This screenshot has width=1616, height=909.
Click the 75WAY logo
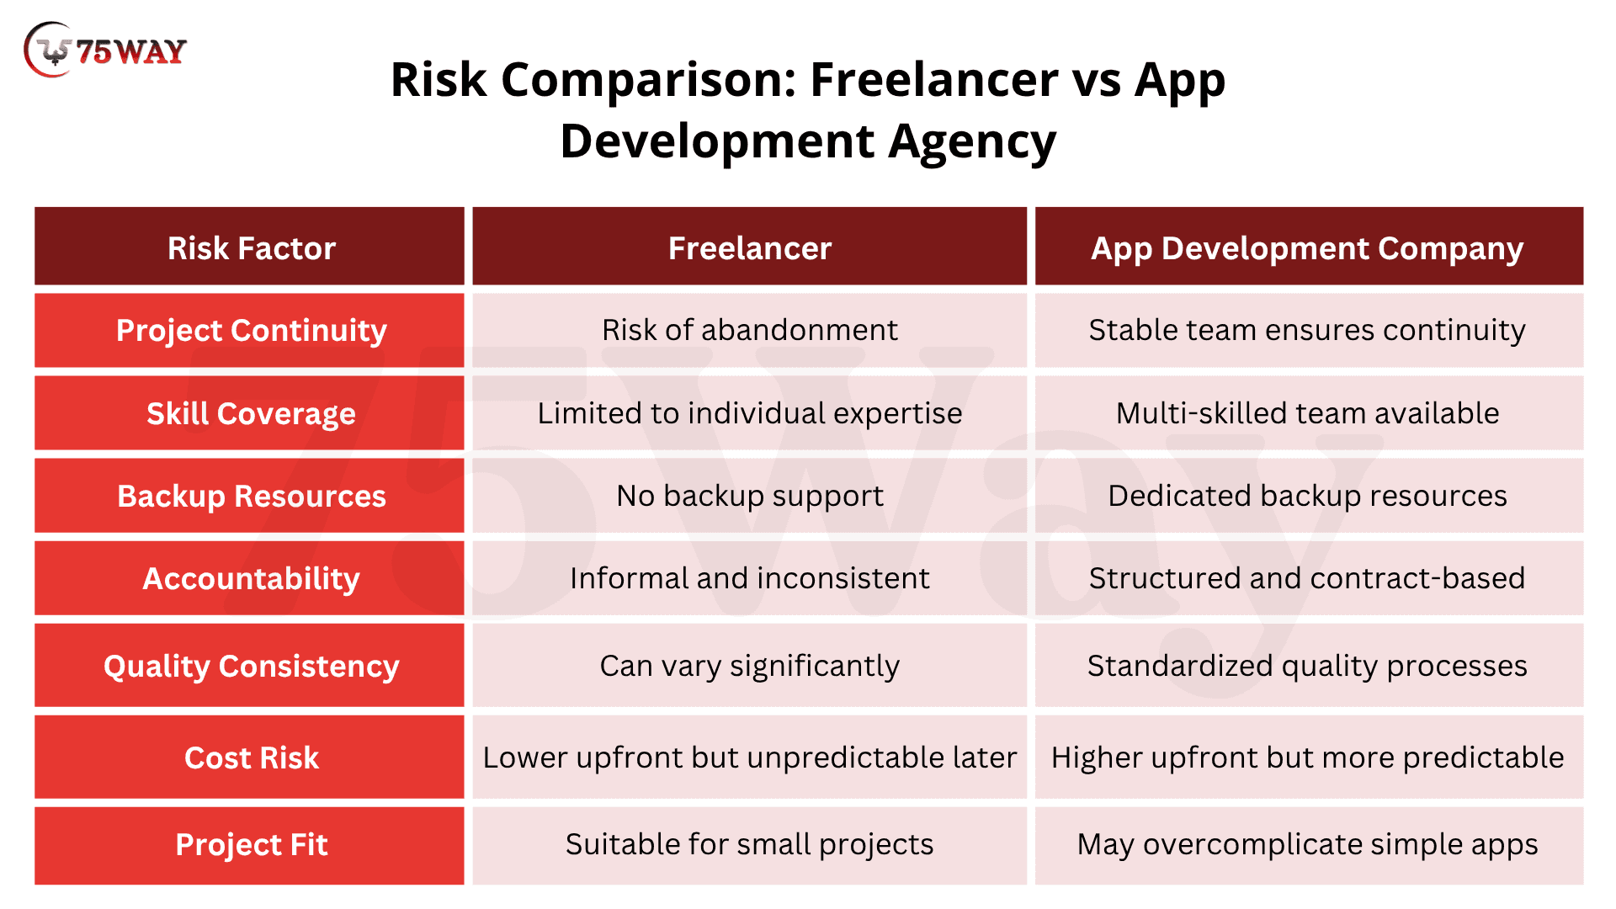point(105,50)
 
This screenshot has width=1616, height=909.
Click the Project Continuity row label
point(252,331)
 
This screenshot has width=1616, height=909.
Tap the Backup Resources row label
point(252,497)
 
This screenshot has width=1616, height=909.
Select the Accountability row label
point(252,579)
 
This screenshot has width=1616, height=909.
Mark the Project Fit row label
point(252,845)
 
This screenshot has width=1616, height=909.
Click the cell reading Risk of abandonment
point(750,330)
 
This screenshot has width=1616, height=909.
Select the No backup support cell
point(750,497)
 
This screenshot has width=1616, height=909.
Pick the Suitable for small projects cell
point(750,845)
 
